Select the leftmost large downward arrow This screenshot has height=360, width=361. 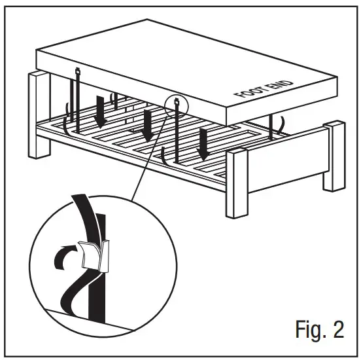101,112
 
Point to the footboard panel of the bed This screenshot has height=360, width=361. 288,160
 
